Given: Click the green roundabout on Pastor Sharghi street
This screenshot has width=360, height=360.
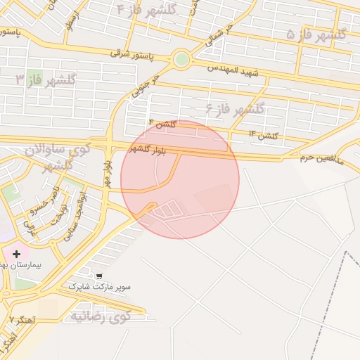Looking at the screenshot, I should point(181,59).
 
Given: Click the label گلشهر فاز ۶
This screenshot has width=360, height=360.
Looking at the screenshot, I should point(235,109).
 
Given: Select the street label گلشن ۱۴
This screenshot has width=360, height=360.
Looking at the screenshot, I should point(264,134).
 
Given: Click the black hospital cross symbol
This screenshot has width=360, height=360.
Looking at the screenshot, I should point(16,252).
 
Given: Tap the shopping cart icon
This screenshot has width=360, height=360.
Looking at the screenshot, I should point(99,276).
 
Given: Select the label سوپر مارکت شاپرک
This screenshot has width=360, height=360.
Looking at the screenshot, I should point(100,288).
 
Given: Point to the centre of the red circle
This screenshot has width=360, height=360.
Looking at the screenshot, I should point(180,179).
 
